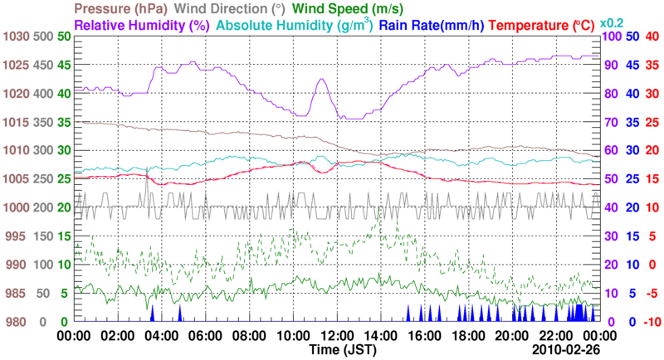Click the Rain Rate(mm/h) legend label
click(x=432, y=26)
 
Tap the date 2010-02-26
click(x=567, y=351)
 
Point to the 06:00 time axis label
click(x=205, y=336)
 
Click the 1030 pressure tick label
click(x=16, y=36)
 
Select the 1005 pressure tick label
click(x=16, y=179)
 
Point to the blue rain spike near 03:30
click(x=152, y=314)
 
